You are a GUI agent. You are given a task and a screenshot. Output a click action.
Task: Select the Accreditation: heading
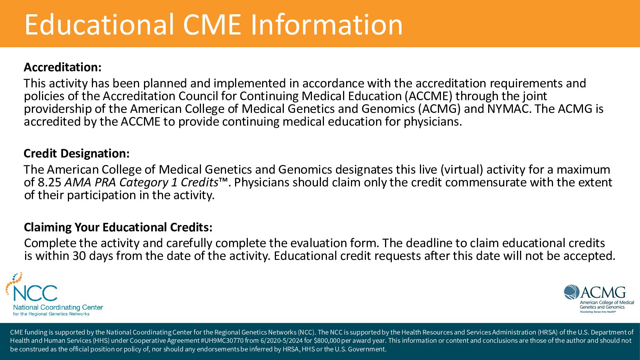[63, 67]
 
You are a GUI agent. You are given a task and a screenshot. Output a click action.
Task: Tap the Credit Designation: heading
[76, 154]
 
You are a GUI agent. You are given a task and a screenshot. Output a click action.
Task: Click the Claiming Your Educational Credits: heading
[118, 227]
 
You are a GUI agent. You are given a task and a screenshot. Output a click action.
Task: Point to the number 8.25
[49, 183]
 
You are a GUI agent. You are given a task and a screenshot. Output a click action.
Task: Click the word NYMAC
[508, 109]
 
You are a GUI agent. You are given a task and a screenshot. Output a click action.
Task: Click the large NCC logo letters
[35, 293]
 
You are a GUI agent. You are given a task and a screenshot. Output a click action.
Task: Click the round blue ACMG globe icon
[571, 292]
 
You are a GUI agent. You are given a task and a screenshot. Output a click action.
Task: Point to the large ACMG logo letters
[603, 292]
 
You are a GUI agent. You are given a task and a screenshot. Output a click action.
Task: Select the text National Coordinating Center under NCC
[58, 308]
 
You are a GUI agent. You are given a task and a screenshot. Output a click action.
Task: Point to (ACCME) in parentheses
[429, 96]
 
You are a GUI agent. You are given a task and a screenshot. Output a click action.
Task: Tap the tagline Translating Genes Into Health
[598, 312]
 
